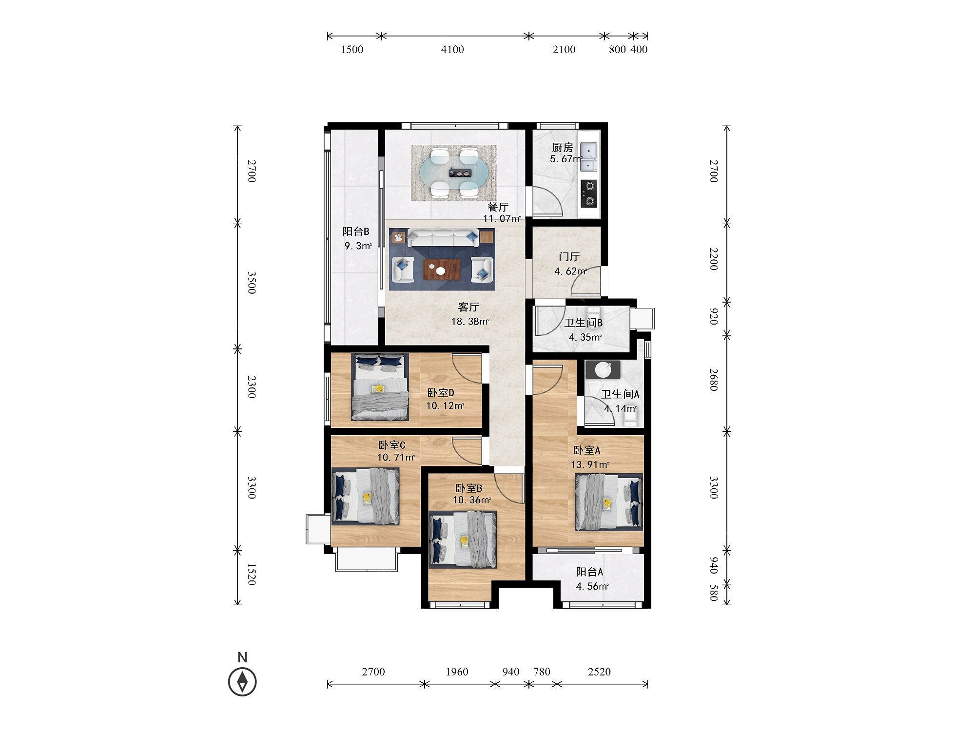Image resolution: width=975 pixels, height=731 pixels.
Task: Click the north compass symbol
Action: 242,681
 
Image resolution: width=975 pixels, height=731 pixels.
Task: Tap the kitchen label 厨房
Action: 562,147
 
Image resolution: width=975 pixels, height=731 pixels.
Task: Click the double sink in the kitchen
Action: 589,157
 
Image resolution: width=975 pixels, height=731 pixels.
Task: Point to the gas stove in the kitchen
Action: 589,193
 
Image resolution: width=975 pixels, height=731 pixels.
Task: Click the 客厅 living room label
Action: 468,307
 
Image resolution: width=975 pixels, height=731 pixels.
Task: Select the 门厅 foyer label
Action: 569,257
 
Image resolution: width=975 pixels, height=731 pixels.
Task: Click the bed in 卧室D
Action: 380,386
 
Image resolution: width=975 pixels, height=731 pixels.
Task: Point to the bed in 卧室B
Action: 463,539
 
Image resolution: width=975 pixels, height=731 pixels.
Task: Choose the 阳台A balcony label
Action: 589,572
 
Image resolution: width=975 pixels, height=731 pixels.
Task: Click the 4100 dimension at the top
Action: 452,49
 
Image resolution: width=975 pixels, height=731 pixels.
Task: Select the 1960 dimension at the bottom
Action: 457,672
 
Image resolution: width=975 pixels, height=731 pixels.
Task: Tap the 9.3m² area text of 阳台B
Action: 358,246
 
